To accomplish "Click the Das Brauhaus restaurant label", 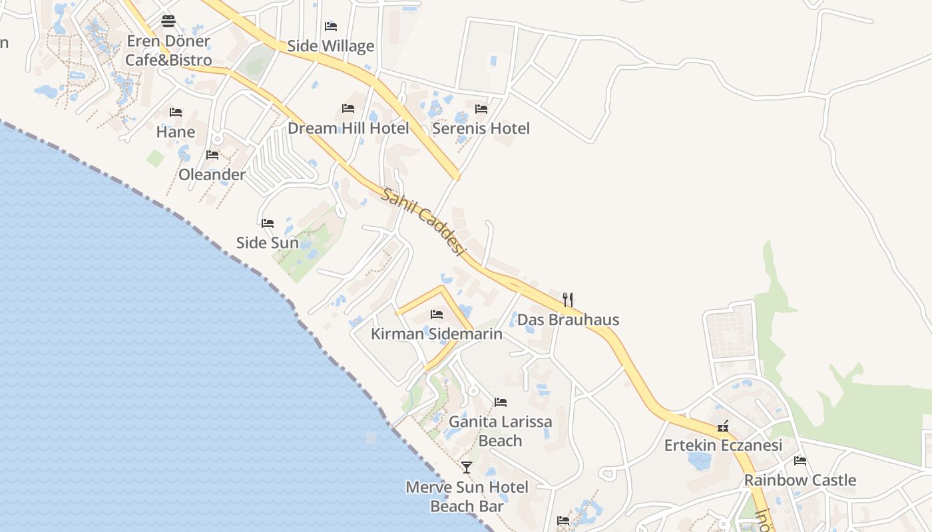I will [568, 320].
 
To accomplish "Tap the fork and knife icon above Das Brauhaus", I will [568, 300].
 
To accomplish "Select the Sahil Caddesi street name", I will [422, 221].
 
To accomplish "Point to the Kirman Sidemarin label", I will [436, 334].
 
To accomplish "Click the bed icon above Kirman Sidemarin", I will [437, 314].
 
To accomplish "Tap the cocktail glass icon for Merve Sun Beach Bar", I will [467, 467].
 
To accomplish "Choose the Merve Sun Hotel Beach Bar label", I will [467, 497].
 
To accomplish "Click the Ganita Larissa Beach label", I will [501, 431].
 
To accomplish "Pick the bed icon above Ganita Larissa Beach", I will [501, 402].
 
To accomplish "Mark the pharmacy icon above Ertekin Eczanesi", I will [723, 426].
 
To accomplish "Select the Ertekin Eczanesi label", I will [723, 446].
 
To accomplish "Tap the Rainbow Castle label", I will [800, 480].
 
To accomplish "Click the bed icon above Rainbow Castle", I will [800, 460].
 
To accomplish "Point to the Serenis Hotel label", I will [481, 128].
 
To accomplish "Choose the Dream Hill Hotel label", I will [348, 128].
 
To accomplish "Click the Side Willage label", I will [331, 46].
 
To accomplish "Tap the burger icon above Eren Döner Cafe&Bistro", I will [168, 21].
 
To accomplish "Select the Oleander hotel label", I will [212, 174].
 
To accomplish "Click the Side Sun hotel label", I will [268, 243].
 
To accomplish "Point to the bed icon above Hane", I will [176, 112].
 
